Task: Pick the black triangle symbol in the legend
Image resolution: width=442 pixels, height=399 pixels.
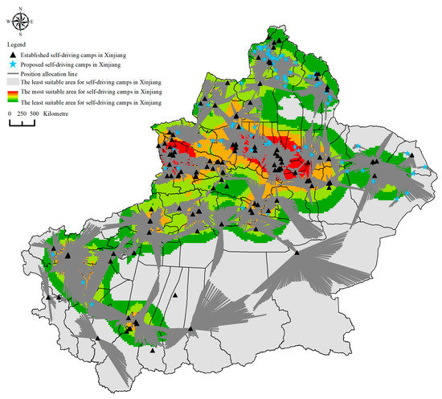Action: [x=14, y=53]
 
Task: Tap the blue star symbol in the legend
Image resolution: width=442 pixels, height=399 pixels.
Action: [x=14, y=63]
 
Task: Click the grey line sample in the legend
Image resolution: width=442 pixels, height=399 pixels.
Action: [x=14, y=73]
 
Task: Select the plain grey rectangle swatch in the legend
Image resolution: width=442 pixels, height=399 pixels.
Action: [x=14, y=83]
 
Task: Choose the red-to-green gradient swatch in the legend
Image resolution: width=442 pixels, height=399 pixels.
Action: [x=14, y=97]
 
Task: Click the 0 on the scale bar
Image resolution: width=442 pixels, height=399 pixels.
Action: [x=10, y=115]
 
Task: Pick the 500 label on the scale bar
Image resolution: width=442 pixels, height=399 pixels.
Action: [x=35, y=115]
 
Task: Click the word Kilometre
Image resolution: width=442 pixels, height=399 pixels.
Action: [x=58, y=115]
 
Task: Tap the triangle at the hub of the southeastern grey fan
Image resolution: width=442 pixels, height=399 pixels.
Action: [x=297, y=252]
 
